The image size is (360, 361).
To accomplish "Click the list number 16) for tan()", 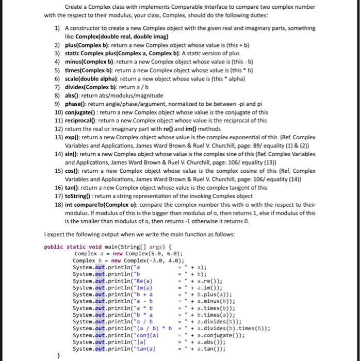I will pos(58,188).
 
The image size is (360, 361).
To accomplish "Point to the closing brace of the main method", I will pos(59,356).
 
